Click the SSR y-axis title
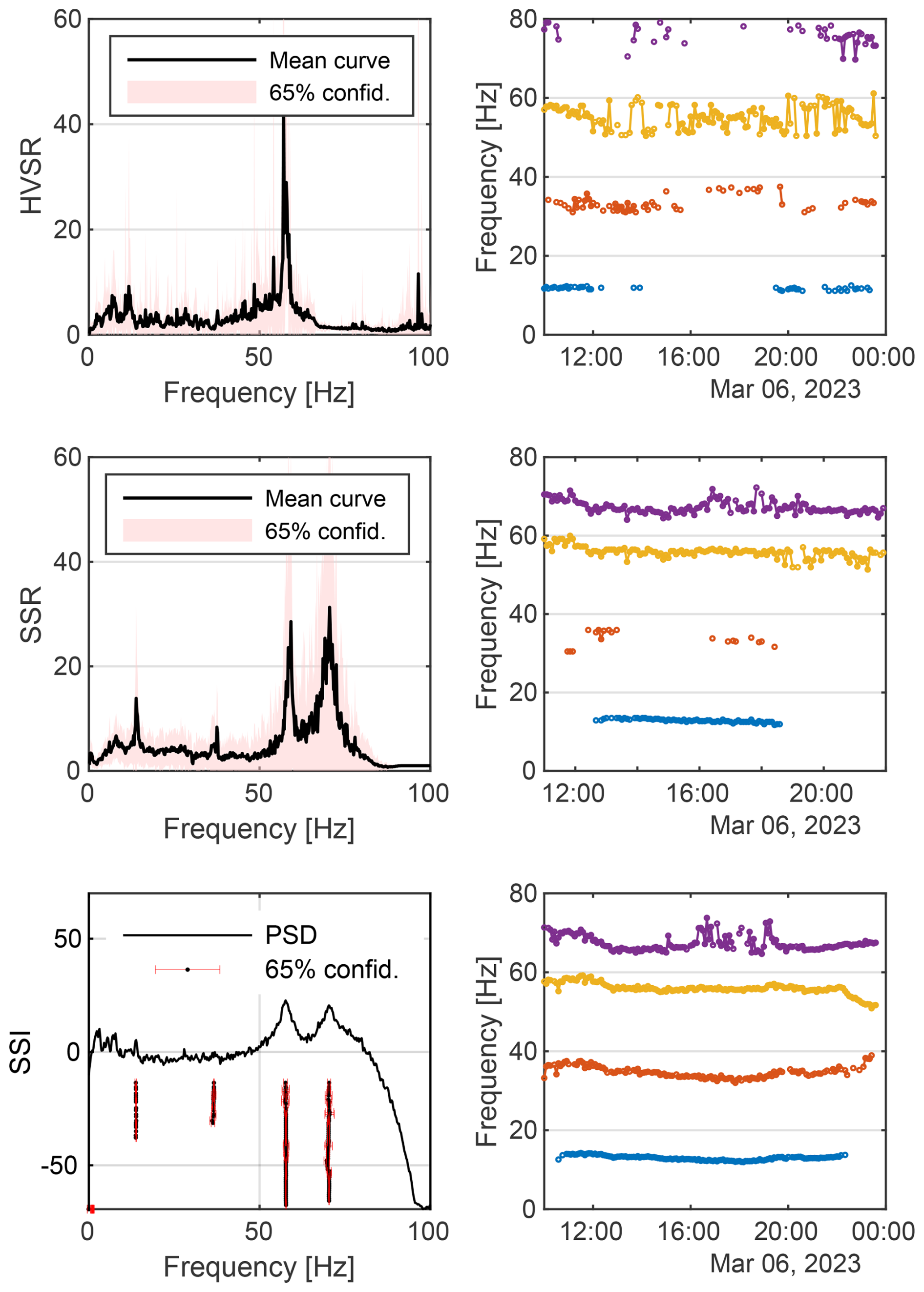(31, 615)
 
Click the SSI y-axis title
(21, 1052)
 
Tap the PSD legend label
(291, 935)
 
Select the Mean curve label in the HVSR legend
(330, 60)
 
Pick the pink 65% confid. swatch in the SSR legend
(187, 530)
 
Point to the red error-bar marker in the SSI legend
(187, 970)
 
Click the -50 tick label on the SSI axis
(60, 1165)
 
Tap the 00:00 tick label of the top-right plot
(883, 357)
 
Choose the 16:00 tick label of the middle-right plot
(697, 794)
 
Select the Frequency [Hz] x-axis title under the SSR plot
(259, 829)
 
